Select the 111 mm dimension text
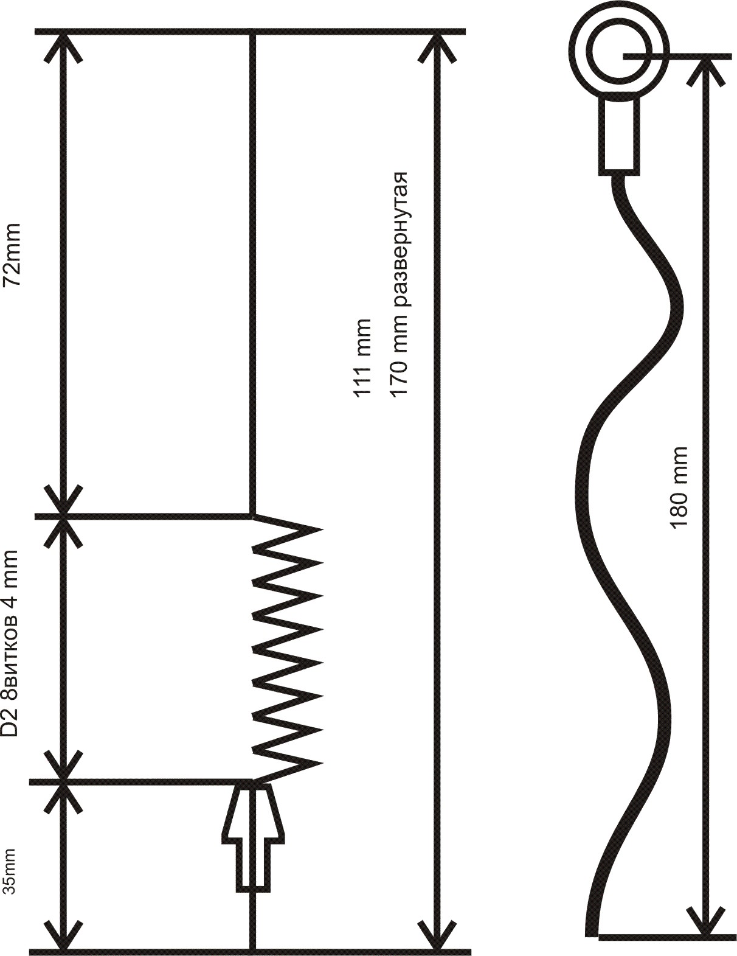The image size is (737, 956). point(363,358)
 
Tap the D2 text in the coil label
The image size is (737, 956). point(10,714)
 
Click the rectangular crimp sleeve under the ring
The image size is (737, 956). point(620,137)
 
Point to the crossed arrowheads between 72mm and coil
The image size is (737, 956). point(64,515)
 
